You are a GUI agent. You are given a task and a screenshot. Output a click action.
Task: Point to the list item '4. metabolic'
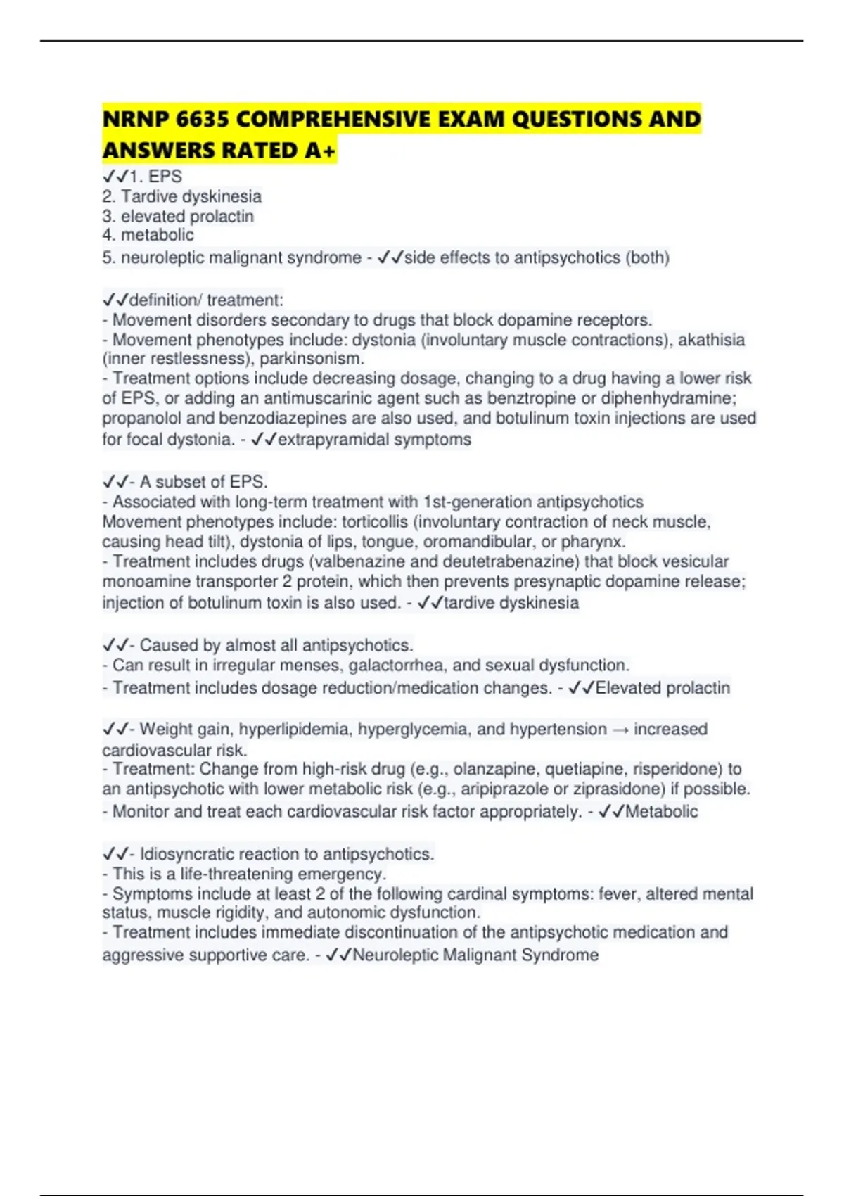click(x=148, y=235)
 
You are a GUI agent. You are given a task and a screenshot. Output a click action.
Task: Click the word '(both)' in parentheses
click(x=647, y=257)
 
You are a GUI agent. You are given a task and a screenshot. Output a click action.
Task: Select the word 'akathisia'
click(x=711, y=340)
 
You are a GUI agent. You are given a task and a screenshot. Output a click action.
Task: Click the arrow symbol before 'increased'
click(x=620, y=730)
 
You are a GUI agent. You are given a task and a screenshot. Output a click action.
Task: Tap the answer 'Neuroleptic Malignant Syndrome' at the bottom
click(x=475, y=955)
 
